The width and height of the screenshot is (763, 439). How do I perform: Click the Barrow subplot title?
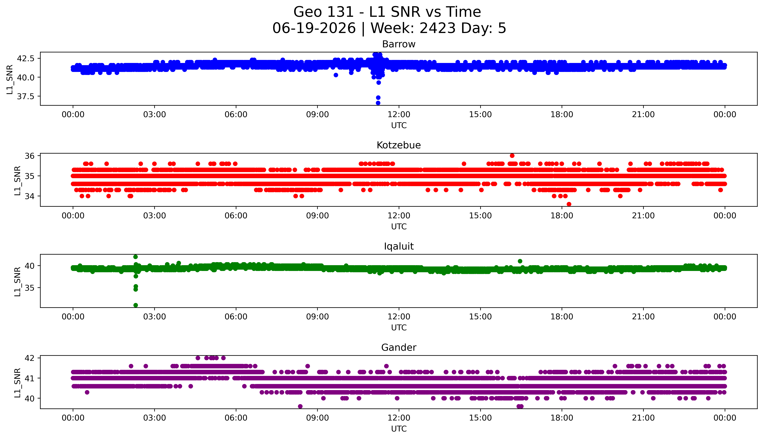tap(399, 44)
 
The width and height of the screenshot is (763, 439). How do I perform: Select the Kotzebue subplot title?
tap(399, 145)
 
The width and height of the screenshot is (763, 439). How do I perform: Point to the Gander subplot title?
tap(399, 348)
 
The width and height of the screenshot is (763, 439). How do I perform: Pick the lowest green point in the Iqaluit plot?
tap(135, 305)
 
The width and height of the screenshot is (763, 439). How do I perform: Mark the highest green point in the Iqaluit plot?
tap(135, 257)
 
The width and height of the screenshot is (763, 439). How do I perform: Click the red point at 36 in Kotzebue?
tap(512, 156)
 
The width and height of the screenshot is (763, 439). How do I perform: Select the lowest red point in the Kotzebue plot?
tap(569, 204)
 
